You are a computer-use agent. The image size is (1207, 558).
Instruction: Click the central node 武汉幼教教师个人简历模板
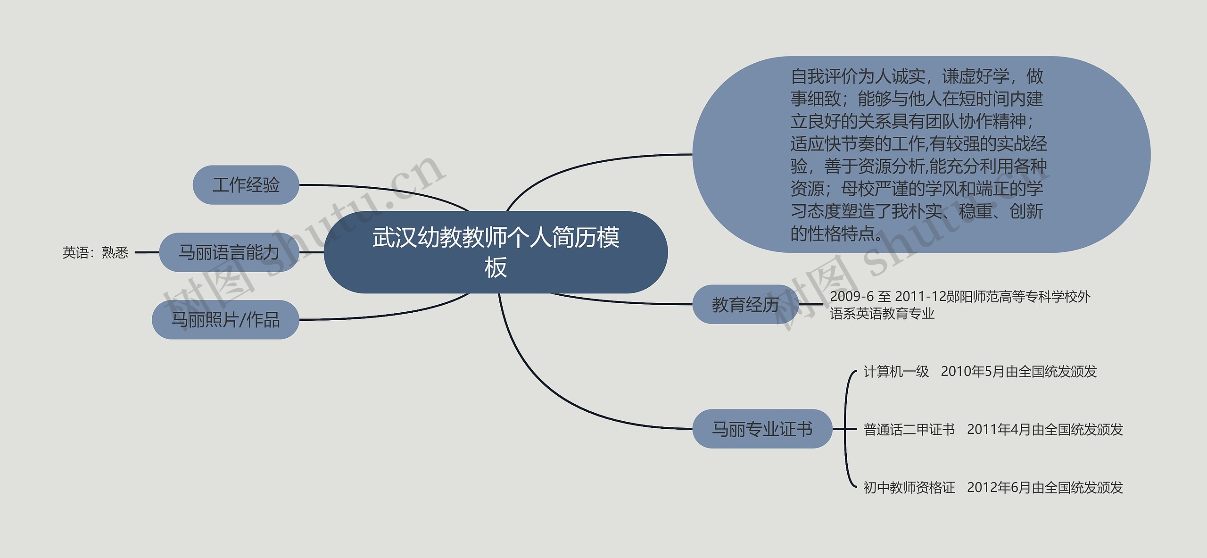click(496, 252)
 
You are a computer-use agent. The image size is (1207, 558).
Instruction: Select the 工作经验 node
click(246, 185)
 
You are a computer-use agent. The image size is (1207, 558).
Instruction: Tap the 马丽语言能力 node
click(229, 252)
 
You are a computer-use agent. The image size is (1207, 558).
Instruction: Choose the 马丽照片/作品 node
click(225, 320)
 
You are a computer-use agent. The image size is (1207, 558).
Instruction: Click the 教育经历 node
click(745, 305)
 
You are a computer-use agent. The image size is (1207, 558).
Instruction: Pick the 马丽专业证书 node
click(762, 429)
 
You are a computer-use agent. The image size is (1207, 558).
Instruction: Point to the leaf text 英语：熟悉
click(95, 253)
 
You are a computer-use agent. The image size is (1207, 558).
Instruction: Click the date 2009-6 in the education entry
click(852, 297)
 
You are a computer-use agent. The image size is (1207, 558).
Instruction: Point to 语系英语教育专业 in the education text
click(882, 314)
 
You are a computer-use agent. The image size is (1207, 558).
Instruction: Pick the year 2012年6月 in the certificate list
click(999, 487)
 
